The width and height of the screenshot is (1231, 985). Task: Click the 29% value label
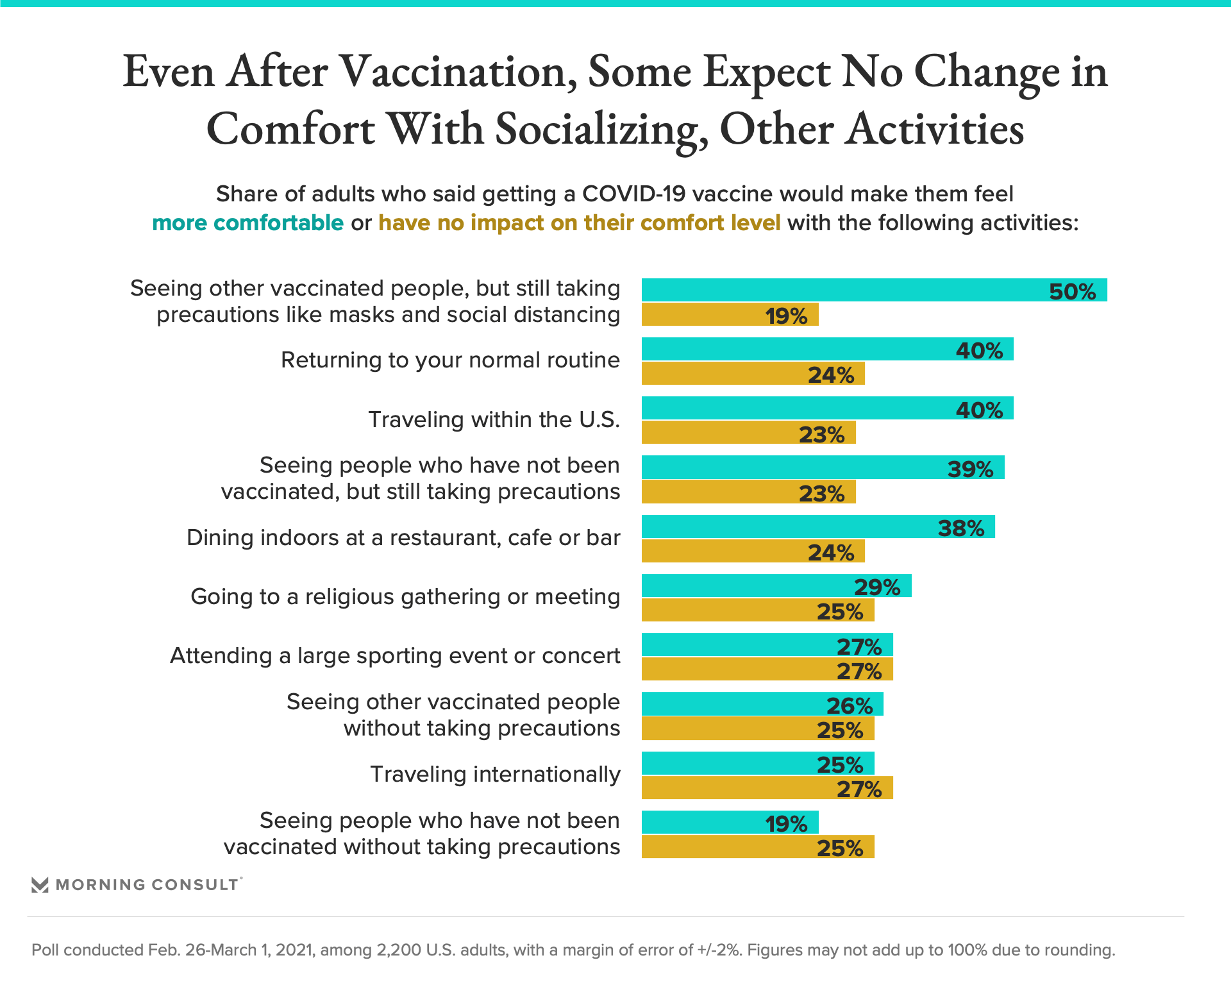coord(877,587)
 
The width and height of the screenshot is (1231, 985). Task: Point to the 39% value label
coord(970,469)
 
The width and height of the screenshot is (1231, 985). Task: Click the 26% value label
coord(850,705)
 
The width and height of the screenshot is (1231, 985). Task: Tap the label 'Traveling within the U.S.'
coord(494,419)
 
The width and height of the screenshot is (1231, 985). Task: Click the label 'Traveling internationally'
coord(495,774)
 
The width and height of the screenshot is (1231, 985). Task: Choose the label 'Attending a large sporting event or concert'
coord(395,655)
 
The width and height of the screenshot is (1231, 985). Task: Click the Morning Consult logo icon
coord(40,885)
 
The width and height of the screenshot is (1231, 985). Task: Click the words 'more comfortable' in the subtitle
coord(247,223)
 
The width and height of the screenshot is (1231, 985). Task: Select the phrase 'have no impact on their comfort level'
coord(579,223)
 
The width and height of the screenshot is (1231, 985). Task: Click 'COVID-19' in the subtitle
coord(633,194)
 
